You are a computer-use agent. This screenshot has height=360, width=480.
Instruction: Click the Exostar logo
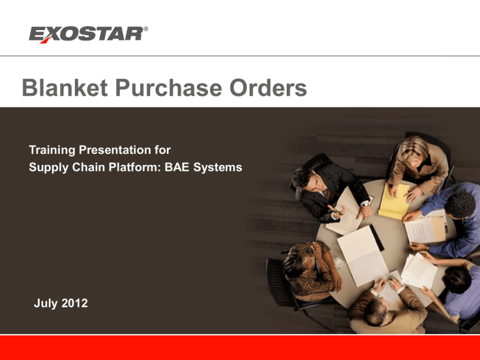[88, 34]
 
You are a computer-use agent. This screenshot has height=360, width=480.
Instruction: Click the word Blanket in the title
[64, 88]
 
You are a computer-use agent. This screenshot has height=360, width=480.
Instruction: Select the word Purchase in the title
[168, 88]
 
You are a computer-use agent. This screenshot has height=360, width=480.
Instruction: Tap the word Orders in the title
[268, 88]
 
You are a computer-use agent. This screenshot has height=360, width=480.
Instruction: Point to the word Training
[52, 150]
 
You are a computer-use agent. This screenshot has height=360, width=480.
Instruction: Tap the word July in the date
[46, 303]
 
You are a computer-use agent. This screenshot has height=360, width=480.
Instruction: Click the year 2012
[74, 303]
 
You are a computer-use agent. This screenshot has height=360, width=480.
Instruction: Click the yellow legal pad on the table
[394, 201]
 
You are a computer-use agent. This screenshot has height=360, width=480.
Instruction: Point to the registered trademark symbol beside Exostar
[146, 29]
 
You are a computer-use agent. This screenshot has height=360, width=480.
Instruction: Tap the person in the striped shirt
[311, 269]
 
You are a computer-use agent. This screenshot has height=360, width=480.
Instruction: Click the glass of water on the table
[339, 263]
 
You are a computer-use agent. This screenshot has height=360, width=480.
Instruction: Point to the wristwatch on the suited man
[365, 204]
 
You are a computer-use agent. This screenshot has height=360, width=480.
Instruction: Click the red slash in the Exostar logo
[45, 39]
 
